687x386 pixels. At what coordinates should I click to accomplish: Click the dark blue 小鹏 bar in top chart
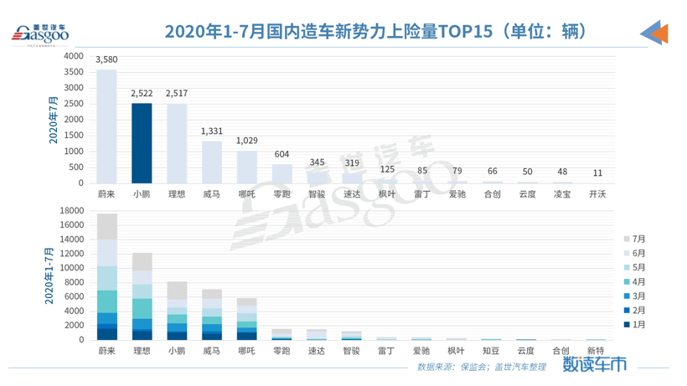click(142, 143)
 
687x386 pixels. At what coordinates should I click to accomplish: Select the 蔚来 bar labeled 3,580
click(106, 126)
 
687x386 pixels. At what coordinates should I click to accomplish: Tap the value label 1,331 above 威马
click(213, 131)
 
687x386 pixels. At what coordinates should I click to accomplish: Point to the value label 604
click(283, 154)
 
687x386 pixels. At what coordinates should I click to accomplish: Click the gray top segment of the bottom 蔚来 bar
click(106, 226)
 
